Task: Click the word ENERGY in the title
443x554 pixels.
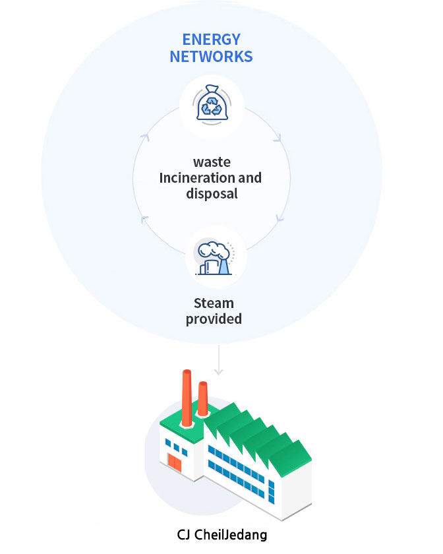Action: [x=211, y=39]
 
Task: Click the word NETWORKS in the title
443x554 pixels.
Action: [x=211, y=57]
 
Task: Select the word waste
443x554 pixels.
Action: [x=212, y=162]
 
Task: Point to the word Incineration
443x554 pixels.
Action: [x=197, y=177]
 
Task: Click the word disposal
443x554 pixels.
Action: [x=212, y=194]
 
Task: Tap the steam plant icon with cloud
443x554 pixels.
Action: [x=214, y=258]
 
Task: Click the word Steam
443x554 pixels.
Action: [x=214, y=303]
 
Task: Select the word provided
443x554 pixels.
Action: [x=214, y=319]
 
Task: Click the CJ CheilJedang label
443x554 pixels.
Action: [x=222, y=535]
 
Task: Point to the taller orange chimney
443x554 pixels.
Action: [x=187, y=398]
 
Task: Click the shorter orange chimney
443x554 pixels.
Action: [x=202, y=398]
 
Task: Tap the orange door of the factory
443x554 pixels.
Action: [x=175, y=463]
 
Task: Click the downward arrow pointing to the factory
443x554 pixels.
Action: [x=219, y=360]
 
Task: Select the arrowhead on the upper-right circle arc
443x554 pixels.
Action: [x=278, y=138]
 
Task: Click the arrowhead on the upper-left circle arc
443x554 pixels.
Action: [x=145, y=137]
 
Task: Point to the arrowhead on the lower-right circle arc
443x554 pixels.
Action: [x=280, y=218]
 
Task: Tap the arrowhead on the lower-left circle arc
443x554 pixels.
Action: [x=144, y=220]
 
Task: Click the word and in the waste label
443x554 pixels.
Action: [x=250, y=177]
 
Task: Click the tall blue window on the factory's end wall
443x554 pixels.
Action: [x=272, y=492]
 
